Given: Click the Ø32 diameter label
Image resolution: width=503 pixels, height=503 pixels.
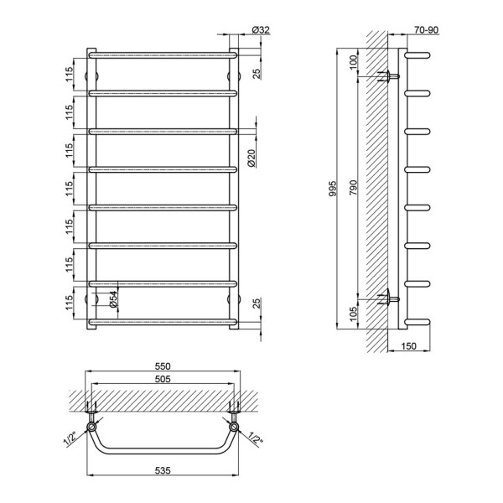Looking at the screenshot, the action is (x=261, y=30).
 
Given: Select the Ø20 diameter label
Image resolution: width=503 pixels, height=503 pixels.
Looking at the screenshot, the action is (x=251, y=158).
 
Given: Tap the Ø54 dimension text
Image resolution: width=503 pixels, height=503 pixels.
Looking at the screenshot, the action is (x=113, y=299).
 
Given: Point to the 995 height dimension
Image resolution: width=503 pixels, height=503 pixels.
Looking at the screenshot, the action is (x=334, y=189).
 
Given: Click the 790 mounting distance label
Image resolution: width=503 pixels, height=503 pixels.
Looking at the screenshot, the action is (x=353, y=188).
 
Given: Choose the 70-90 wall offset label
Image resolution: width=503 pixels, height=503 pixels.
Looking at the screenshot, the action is (x=426, y=30).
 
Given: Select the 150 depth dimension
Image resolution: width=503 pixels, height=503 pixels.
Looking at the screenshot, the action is (x=408, y=346).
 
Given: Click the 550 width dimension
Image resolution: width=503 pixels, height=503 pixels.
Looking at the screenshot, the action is (x=163, y=366).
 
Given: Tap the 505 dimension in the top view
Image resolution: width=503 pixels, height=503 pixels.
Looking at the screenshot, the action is (x=163, y=379).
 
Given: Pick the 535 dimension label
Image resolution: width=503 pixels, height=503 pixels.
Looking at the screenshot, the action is (x=163, y=470).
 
